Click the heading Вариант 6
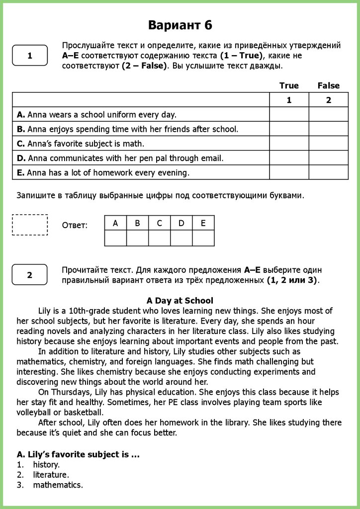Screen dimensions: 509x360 pyautogui.click(x=180, y=25)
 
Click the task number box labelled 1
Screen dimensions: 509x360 pyautogui.click(x=30, y=56)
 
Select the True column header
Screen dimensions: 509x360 pyautogui.click(x=289, y=85)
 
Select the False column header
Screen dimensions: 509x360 pyautogui.click(x=328, y=85)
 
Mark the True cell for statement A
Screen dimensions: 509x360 pyautogui.click(x=289, y=115)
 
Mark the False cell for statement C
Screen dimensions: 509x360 pyautogui.click(x=328, y=144)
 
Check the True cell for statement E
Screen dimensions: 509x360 pyautogui.click(x=289, y=172)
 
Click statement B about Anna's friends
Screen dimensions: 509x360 pyautogui.click(x=128, y=129)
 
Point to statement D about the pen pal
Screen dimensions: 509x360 pyautogui.click(x=120, y=158)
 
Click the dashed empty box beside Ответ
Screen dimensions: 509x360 pyautogui.click(x=30, y=225)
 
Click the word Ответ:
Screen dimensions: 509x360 pyautogui.click(x=75, y=225)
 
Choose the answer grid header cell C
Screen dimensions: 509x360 pyautogui.click(x=159, y=223)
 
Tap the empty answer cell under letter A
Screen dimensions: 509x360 pyautogui.click(x=115, y=238)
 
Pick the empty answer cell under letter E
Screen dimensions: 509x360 pyautogui.click(x=203, y=238)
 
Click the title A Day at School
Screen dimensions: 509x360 pyautogui.click(x=180, y=301)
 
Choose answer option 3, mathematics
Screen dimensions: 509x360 pyautogui.click(x=58, y=485)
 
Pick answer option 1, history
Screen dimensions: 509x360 pyautogui.click(x=46, y=465)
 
